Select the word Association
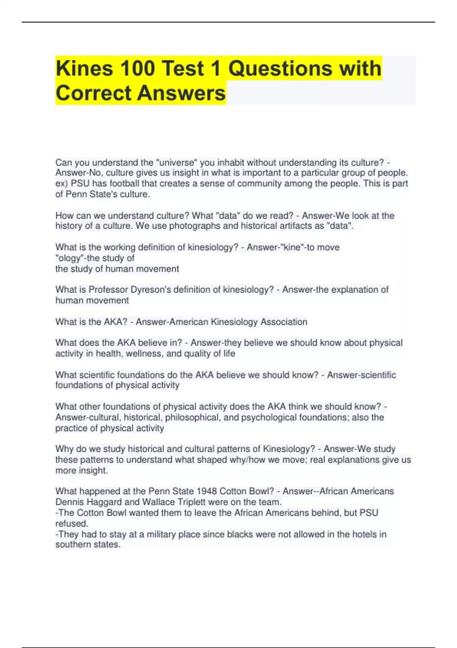(284, 322)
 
